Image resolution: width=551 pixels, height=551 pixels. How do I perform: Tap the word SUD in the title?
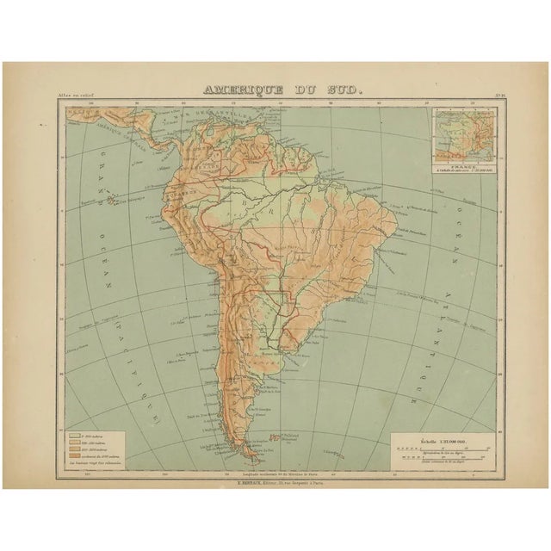331,89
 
